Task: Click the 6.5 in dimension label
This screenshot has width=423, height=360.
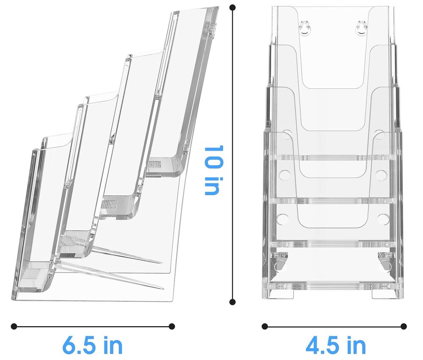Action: pos(93,345)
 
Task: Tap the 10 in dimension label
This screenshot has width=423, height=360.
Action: pos(214,170)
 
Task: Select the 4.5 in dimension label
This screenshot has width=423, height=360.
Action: pos(335,345)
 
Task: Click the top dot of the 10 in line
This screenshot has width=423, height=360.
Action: pos(233,8)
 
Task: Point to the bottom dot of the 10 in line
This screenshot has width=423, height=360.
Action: pos(232,302)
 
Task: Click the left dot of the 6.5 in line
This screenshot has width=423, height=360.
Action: pos(14,327)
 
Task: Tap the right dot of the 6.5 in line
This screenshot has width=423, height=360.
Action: pos(172,327)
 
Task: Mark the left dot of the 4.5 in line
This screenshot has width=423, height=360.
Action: pos(265,327)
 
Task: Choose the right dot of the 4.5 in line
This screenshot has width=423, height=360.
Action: pos(404,327)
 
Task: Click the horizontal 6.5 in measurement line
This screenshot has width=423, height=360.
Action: pos(93,327)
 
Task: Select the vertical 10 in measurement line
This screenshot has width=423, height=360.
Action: pos(233,155)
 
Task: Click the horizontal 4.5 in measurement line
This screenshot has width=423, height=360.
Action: pos(334,327)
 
